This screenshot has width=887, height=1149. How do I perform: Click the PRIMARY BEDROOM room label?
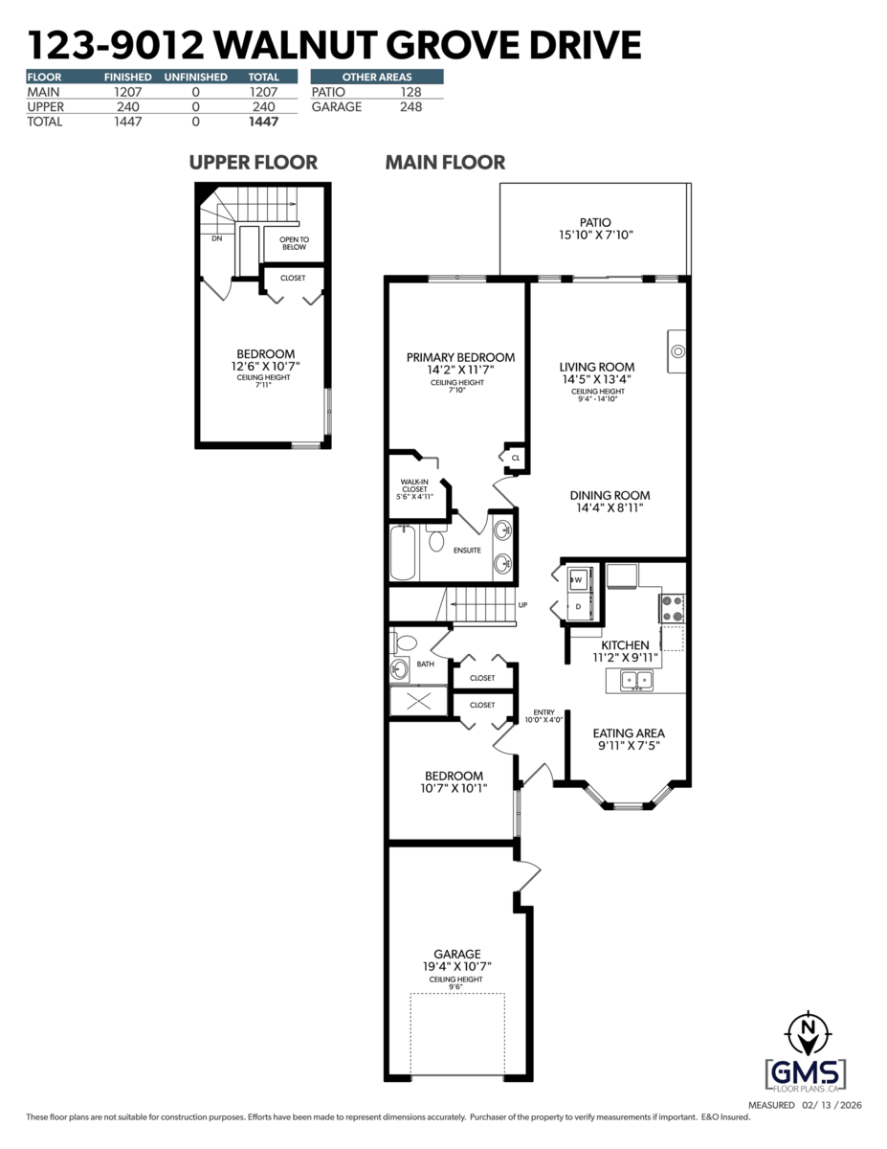click(x=460, y=357)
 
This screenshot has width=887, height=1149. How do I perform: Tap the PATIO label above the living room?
click(x=596, y=223)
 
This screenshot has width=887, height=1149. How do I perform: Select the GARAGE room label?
click(x=456, y=954)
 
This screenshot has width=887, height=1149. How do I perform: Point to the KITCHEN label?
click(x=625, y=645)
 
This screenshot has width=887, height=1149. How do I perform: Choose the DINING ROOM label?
click(x=610, y=495)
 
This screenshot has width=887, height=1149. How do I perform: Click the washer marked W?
click(x=578, y=578)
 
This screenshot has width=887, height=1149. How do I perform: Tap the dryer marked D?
click(x=578, y=606)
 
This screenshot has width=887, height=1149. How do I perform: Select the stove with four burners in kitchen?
click(x=671, y=608)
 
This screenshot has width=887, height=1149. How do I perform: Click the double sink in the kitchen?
click(x=636, y=681)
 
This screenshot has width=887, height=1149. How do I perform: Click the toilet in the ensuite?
click(x=436, y=540)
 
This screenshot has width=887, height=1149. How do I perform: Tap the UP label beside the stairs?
click(x=522, y=605)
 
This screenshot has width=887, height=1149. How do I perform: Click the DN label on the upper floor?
click(x=217, y=238)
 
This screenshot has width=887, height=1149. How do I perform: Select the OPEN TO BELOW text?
click(x=293, y=242)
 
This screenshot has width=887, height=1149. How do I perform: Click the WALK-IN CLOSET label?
click(x=414, y=488)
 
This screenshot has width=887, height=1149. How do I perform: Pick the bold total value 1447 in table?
click(x=263, y=122)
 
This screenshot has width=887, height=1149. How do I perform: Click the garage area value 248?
click(x=410, y=106)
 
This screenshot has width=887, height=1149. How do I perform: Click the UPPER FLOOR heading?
click(x=253, y=162)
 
